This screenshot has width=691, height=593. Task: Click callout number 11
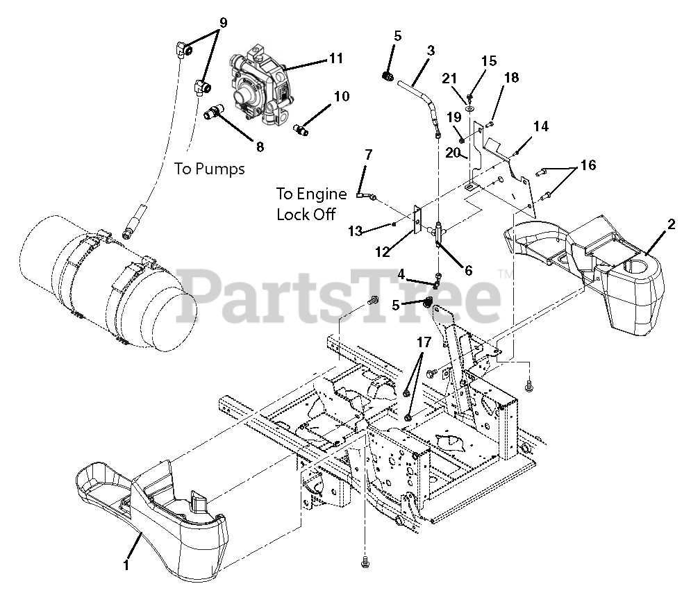336,58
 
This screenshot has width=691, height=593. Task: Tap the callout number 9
223,23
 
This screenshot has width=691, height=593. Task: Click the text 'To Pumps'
209,168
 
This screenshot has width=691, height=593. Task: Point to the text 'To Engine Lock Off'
311,204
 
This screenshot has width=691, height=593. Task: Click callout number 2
671,224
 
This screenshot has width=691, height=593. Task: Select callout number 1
126,565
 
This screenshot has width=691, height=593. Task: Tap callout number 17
424,342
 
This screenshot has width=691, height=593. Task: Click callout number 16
588,165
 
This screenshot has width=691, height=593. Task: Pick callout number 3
431,51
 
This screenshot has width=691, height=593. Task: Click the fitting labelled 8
215,112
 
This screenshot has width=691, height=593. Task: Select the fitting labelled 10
301,129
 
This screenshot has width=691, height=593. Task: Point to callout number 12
383,251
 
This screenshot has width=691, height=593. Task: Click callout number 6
469,270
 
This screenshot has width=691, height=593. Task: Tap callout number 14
541,126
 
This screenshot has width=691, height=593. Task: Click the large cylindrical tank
108,283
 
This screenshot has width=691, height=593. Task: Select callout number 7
368,155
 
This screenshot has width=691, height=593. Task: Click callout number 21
449,79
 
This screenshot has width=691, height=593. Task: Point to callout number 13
355,231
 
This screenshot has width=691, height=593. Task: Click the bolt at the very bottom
365,562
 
